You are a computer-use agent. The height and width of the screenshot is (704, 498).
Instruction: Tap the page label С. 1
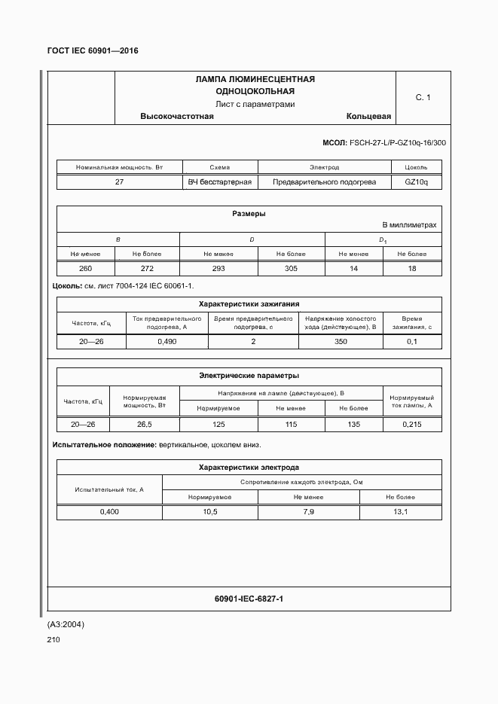(423, 98)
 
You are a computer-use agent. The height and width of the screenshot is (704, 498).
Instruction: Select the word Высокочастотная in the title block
(177, 117)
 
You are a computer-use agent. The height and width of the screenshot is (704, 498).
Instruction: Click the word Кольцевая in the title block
(368, 117)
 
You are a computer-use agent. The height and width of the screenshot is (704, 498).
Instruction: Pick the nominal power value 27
(119, 182)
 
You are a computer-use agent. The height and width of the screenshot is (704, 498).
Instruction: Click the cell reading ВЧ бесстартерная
(220, 182)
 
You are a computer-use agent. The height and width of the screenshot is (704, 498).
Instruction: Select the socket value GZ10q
(416, 182)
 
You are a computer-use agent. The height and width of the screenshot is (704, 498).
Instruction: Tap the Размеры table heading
(249, 214)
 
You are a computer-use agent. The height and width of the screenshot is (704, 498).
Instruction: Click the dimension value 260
(86, 269)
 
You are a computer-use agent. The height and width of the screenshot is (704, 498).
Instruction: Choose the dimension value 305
(290, 269)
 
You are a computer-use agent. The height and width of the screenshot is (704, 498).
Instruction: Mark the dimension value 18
(411, 269)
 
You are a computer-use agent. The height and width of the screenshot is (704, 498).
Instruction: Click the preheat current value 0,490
(167, 342)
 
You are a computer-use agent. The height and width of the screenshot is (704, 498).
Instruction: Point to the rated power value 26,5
(144, 425)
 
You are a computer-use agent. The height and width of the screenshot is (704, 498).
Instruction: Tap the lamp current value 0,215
(411, 425)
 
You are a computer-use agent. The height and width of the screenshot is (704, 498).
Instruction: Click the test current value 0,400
(109, 512)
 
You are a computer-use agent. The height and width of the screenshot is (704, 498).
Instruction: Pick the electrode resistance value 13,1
(400, 512)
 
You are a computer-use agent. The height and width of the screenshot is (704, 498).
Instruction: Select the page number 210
(53, 640)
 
